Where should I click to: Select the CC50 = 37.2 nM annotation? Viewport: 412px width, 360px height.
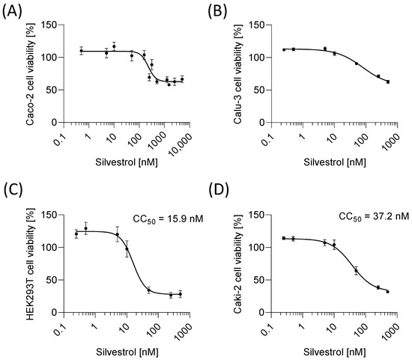(365, 219)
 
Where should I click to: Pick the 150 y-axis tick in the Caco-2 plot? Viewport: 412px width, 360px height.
(51, 25)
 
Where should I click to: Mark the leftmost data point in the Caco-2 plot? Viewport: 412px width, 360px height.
(82, 51)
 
